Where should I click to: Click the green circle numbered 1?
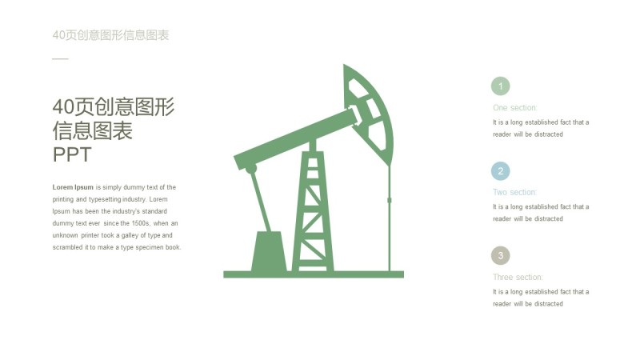500,86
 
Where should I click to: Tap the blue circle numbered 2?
500,171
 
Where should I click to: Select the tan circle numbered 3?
500,256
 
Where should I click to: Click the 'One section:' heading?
515,108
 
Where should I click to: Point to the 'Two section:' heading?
514,193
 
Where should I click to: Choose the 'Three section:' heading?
518,278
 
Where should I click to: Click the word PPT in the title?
72,154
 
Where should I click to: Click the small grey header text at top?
110,35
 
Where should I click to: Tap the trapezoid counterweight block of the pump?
268,252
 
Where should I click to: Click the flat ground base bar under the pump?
314,274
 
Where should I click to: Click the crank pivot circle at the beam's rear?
251,169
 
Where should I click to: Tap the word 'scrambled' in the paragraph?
69,247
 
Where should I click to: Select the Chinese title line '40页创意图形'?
113,107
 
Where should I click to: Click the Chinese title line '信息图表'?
92,131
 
